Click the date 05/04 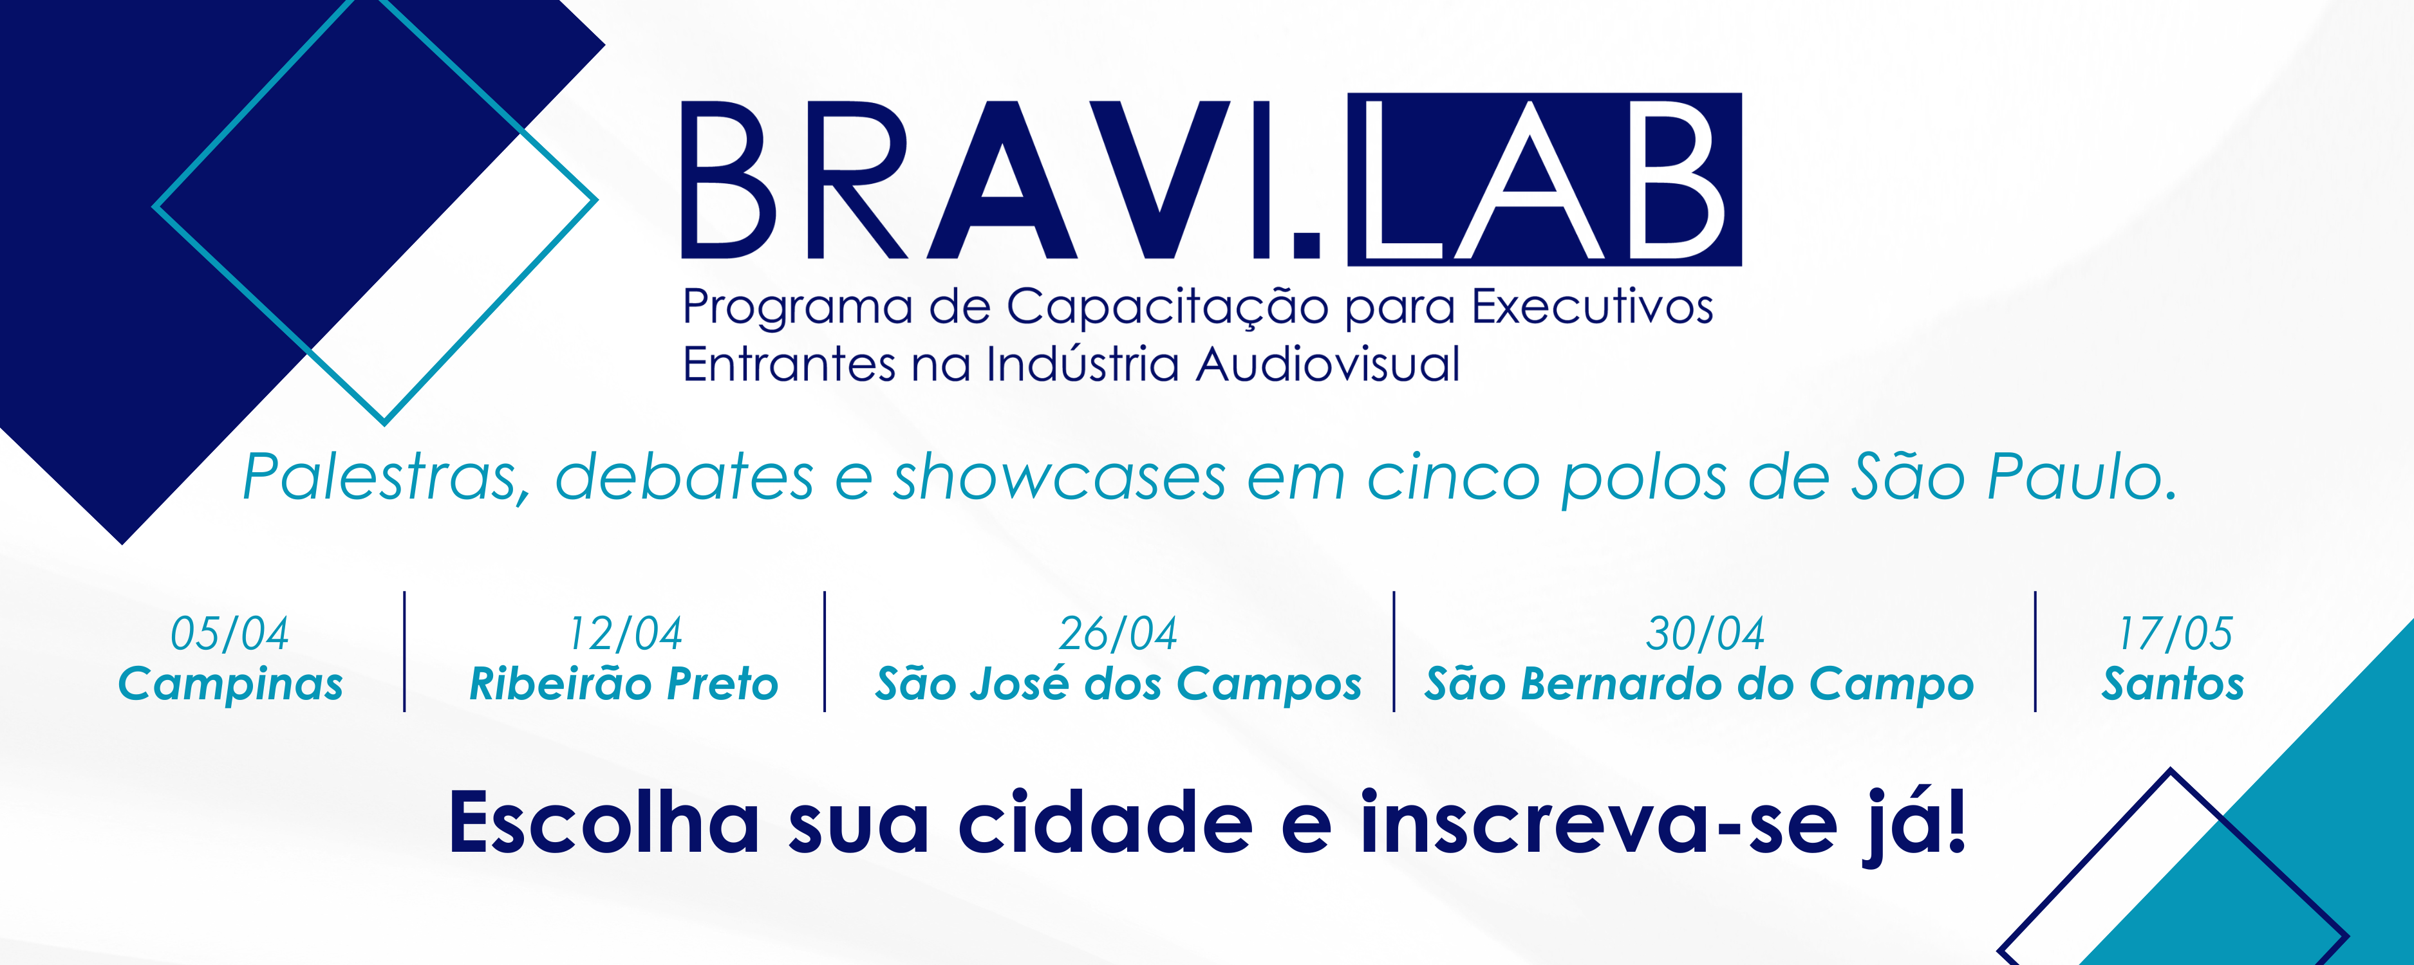point(230,634)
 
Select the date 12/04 point(626,634)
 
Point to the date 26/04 point(1118,634)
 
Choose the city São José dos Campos point(1119,684)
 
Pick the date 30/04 point(1705,634)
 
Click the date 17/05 point(2176,634)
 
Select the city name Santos point(2173,684)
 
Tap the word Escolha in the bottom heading point(604,823)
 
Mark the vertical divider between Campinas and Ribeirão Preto point(405,651)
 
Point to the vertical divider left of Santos point(2035,651)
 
